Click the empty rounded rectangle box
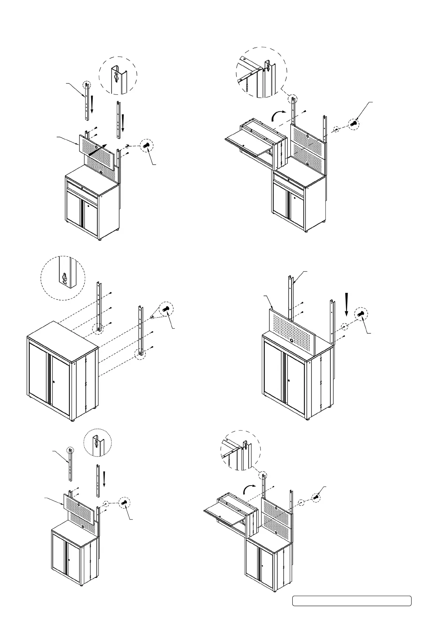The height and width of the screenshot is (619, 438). pyautogui.click(x=352, y=601)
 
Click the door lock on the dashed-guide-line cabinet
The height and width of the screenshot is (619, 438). pyautogui.click(x=54, y=382)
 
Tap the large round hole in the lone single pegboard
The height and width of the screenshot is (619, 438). pyautogui.click(x=291, y=341)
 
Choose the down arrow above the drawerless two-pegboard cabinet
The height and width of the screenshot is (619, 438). pyautogui.click(x=104, y=480)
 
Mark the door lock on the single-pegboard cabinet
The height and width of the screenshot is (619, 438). pyautogui.click(x=289, y=380)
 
